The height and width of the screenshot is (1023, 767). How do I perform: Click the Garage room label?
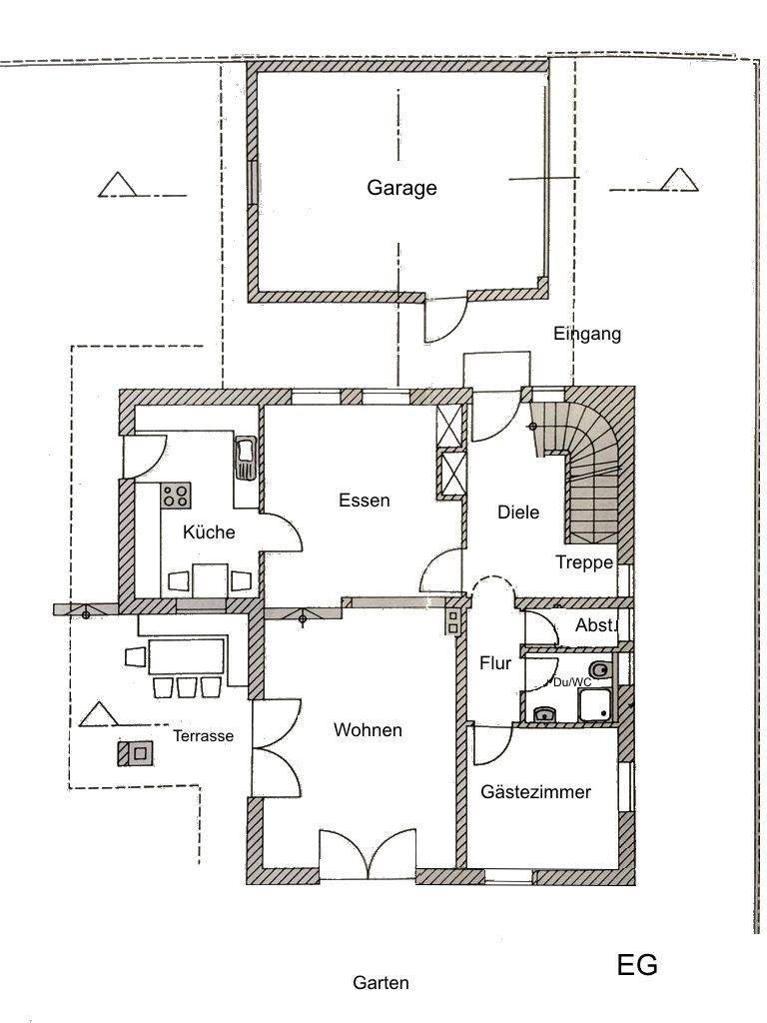click(401, 188)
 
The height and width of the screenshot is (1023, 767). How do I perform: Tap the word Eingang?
click(587, 334)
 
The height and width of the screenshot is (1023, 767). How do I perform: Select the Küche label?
click(209, 532)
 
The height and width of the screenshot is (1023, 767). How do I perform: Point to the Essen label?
click(364, 501)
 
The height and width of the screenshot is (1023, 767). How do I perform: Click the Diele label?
click(518, 512)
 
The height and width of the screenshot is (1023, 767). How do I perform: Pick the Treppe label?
click(584, 562)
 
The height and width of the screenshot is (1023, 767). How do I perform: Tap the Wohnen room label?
click(368, 730)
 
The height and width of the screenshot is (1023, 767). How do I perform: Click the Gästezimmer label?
click(535, 792)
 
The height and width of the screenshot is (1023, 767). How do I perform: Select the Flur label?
click(495, 662)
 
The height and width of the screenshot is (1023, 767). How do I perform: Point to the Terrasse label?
click(203, 736)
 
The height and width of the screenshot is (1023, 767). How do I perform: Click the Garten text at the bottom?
click(381, 983)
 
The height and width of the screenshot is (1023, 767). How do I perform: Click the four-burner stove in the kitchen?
click(177, 494)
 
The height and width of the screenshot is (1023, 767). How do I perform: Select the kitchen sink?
click(245, 459)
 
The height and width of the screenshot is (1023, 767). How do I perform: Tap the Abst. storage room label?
click(596, 624)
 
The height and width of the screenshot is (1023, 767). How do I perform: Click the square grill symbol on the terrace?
click(138, 752)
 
